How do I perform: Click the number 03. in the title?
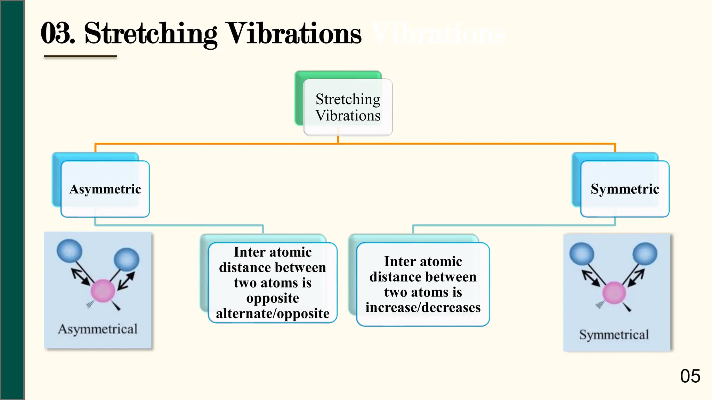(57, 34)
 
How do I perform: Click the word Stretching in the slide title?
(150, 34)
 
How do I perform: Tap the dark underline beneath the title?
(80, 56)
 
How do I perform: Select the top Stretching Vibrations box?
(348, 107)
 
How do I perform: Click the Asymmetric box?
(105, 189)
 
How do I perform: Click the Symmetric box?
(624, 189)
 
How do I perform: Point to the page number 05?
(690, 376)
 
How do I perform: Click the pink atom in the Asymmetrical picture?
(103, 291)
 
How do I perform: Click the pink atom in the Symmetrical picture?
(614, 293)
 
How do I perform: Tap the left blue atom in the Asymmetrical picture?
(70, 251)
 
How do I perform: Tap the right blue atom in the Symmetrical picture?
(645, 254)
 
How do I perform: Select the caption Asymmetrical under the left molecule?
(98, 329)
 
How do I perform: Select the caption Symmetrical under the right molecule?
(614, 335)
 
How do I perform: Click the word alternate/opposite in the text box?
(273, 314)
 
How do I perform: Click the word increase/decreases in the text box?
(423, 308)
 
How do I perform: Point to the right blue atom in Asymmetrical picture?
(127, 259)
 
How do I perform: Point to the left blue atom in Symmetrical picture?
(582, 254)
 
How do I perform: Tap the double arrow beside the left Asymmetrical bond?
(81, 277)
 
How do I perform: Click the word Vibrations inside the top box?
(348, 116)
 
